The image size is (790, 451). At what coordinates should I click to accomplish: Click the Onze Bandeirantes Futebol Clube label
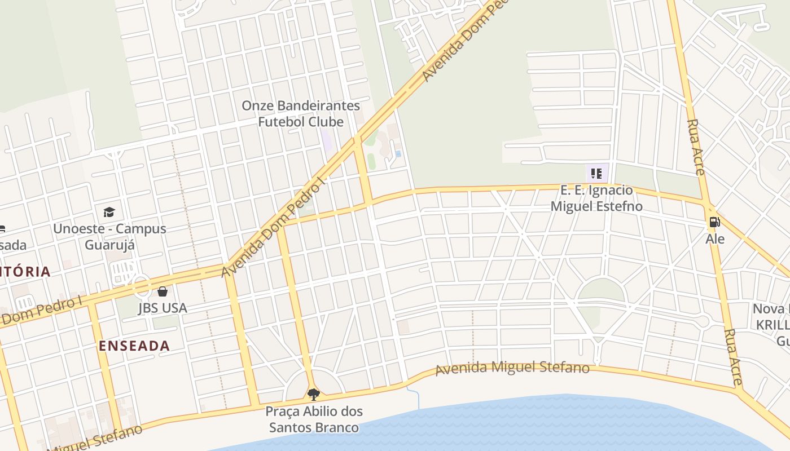(301, 113)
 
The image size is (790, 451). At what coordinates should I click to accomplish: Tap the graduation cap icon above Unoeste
(109, 212)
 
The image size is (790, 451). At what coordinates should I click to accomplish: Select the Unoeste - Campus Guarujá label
(109, 237)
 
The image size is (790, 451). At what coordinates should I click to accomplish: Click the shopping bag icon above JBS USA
(163, 291)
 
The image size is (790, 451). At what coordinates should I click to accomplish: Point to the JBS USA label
(163, 308)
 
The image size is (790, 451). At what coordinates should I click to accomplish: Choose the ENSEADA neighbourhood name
(134, 346)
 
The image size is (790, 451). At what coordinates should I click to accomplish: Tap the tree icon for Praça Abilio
(314, 394)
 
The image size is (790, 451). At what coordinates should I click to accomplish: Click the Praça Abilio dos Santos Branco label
(314, 419)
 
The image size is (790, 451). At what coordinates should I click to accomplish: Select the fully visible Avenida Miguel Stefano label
(512, 368)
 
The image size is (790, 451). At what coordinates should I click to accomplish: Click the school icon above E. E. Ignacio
(596, 174)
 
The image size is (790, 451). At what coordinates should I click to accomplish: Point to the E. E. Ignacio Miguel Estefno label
(596, 198)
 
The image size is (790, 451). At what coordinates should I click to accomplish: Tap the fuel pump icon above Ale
(714, 222)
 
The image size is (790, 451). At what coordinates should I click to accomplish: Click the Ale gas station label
(715, 239)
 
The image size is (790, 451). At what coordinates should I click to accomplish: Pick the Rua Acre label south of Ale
(733, 357)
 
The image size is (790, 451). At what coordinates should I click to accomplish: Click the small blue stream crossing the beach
(417, 397)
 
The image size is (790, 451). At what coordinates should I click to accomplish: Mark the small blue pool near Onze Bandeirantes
(398, 153)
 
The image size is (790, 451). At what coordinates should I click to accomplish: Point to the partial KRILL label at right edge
(773, 325)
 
